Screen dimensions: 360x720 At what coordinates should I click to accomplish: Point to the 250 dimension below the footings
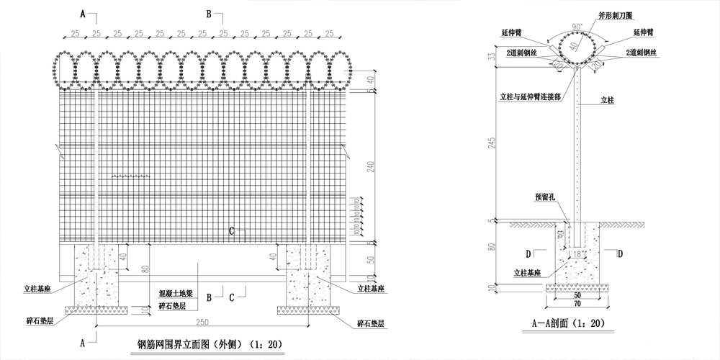coord(204,321)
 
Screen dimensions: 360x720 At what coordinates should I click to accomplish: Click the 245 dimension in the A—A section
coord(492,141)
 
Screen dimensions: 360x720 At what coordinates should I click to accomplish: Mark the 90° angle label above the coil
coord(577,27)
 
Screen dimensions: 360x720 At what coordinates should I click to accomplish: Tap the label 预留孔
coord(545,196)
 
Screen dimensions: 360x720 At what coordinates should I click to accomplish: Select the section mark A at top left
coord(83,14)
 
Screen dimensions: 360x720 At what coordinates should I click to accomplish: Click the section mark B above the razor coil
coord(210,14)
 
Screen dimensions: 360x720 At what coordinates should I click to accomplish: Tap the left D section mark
coord(529,253)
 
